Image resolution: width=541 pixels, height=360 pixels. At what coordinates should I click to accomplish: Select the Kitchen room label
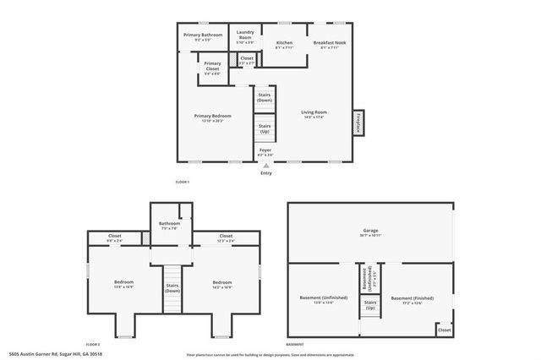point(284,45)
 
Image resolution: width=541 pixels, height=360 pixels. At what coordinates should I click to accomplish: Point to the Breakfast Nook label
point(329,45)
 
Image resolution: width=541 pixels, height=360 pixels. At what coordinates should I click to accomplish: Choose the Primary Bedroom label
point(212,117)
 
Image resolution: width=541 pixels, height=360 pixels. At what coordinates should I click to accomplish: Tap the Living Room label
point(314,114)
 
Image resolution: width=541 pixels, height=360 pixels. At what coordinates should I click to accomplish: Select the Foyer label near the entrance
point(265,152)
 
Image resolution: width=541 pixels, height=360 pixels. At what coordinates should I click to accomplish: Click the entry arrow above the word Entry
point(265,166)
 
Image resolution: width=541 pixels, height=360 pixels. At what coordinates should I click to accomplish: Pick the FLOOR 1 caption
point(183,183)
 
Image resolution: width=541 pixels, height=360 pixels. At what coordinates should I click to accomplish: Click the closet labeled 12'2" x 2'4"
point(226,238)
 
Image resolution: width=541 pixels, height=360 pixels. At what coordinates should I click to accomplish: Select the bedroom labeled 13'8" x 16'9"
point(124,284)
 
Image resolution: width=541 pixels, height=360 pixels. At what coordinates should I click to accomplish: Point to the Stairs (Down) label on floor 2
point(173,287)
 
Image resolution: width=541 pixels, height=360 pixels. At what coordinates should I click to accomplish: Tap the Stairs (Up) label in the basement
point(369,304)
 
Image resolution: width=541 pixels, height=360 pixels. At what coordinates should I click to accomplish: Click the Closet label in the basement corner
point(444,330)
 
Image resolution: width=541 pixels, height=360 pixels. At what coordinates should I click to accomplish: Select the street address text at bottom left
point(45,355)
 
